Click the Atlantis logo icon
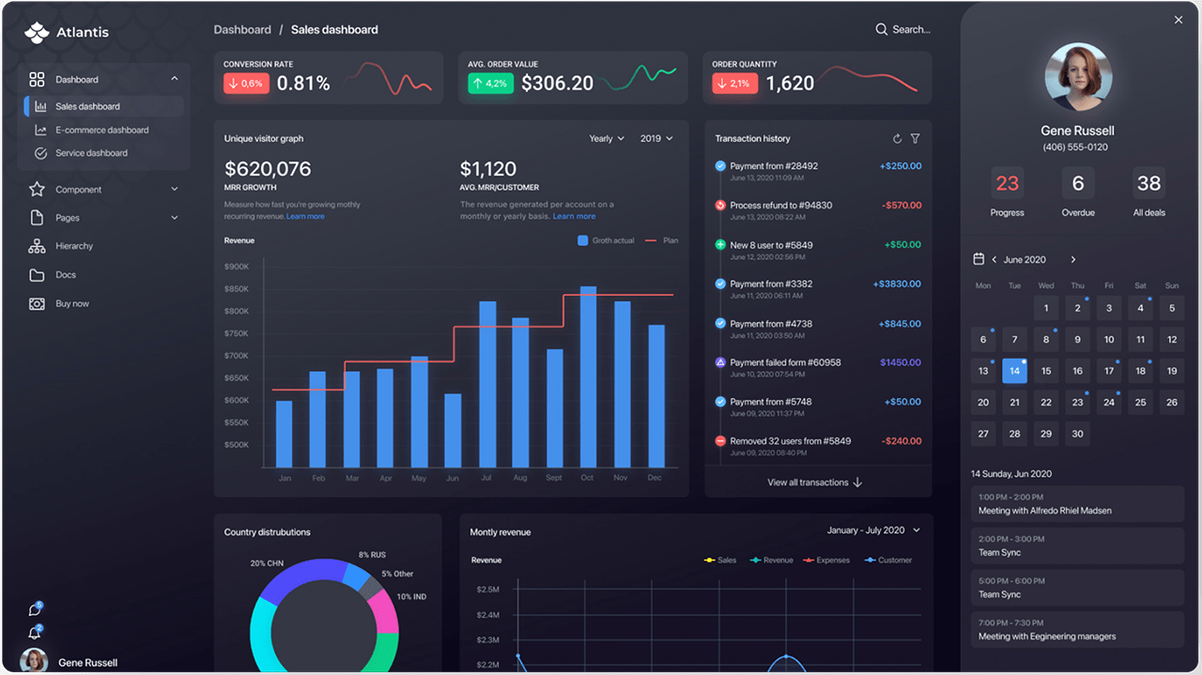(x=37, y=33)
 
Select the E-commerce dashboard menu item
(x=101, y=130)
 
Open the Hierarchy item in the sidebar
(x=73, y=246)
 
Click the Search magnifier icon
(x=881, y=30)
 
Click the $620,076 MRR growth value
(x=268, y=170)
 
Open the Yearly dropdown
(x=606, y=139)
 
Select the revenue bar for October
(x=588, y=376)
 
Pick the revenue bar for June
(x=453, y=430)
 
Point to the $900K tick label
(x=237, y=267)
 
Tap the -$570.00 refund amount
(x=901, y=206)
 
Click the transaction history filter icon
(x=916, y=139)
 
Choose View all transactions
(x=814, y=483)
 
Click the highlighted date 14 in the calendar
(x=1014, y=371)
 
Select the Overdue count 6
(x=1078, y=183)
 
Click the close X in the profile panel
(x=1179, y=20)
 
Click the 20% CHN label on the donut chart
(x=268, y=563)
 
